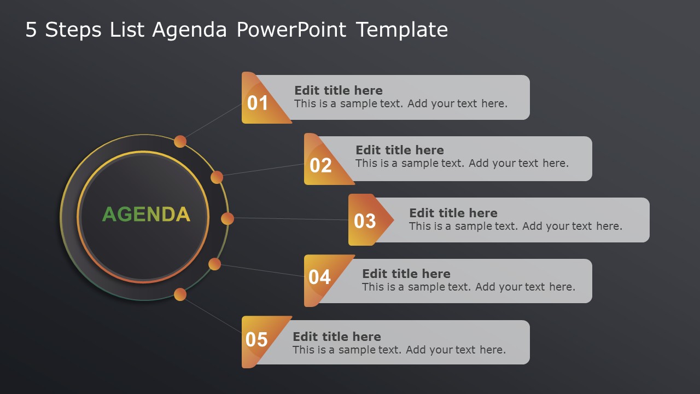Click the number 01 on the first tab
point(258,103)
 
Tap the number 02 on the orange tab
point(320,165)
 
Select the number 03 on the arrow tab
point(365,222)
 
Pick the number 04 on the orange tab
point(319,277)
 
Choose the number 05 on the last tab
point(256,340)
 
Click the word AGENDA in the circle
point(146,215)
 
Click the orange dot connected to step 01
point(180,142)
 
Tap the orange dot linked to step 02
point(217,177)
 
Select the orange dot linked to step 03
point(227,218)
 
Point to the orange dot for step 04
point(215,264)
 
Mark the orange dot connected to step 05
point(180,295)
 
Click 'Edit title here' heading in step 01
point(339,90)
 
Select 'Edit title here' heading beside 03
point(453,213)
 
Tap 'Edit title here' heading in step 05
point(337,337)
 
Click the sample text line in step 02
point(462,163)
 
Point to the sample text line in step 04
point(469,287)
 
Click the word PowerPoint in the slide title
point(291,30)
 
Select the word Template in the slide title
point(402,30)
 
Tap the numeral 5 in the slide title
point(31,30)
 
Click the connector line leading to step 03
point(290,219)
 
